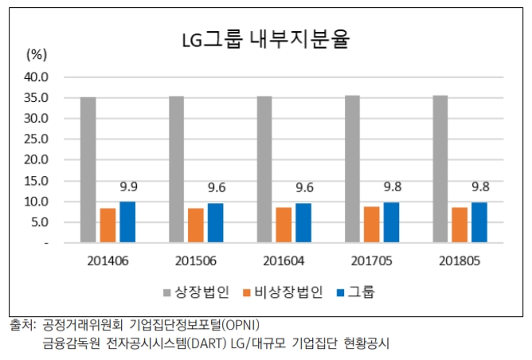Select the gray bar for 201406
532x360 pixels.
pyautogui.click(x=88, y=170)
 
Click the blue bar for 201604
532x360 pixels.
pyautogui.click(x=303, y=222)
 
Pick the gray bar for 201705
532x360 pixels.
pyautogui.click(x=352, y=169)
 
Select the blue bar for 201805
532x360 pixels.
pyautogui.click(x=479, y=221)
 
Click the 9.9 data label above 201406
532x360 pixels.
pyautogui.click(x=127, y=188)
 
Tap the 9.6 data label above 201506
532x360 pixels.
pyautogui.click(x=215, y=189)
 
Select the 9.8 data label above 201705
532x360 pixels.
pyautogui.click(x=391, y=189)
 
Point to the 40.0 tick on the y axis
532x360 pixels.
pyautogui.click(x=37, y=77)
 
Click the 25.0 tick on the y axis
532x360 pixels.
pyautogui.click(x=37, y=139)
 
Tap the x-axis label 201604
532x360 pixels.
pyautogui.click(x=284, y=260)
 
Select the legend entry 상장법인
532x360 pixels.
pyautogui.click(x=197, y=292)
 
